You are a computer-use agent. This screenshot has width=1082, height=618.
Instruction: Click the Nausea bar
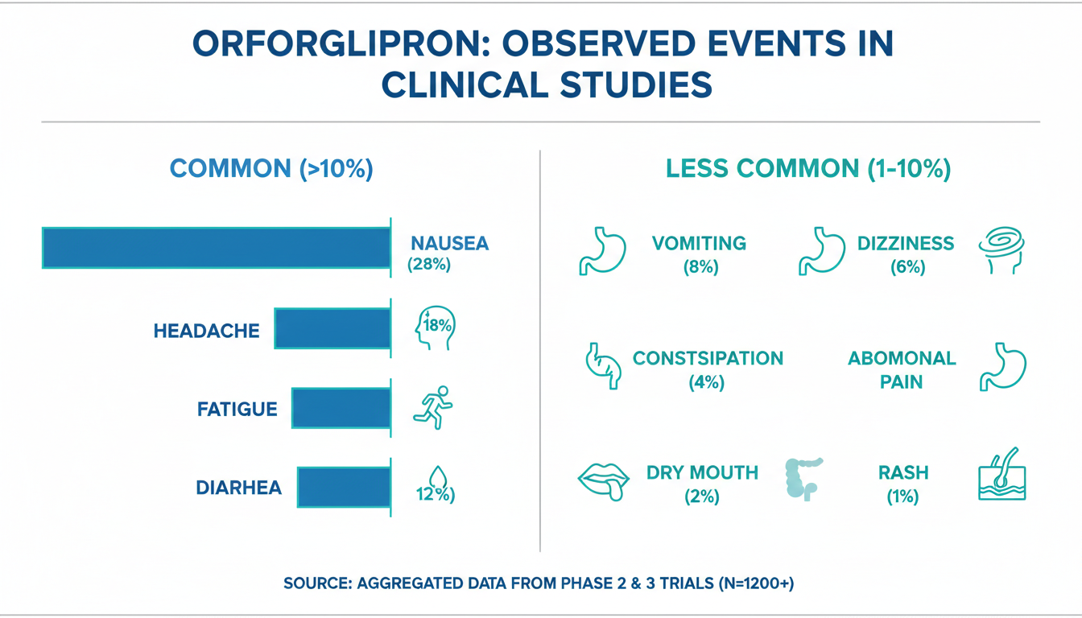pyautogui.click(x=216, y=248)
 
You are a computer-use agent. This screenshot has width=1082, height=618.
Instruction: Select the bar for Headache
pyautogui.click(x=332, y=328)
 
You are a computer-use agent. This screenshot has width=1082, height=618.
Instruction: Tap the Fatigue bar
pyautogui.click(x=341, y=408)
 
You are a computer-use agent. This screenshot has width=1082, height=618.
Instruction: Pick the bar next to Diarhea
pyautogui.click(x=344, y=487)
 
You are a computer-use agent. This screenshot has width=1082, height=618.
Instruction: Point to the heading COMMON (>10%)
pyautogui.click(x=272, y=169)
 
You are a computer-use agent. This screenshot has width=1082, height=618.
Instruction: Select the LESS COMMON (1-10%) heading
pyautogui.click(x=809, y=169)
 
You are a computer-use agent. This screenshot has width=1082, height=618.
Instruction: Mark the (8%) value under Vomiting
pyautogui.click(x=699, y=267)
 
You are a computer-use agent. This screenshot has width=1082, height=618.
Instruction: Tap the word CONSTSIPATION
pyautogui.click(x=708, y=358)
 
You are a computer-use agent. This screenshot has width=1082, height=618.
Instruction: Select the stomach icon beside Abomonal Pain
pyautogui.click(x=1002, y=368)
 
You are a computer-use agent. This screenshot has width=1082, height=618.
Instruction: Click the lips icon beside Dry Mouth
pyautogui.click(x=601, y=478)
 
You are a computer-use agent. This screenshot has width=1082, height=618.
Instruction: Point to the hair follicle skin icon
pyautogui.click(x=1001, y=476)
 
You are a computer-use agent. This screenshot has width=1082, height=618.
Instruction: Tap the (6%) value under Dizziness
pyautogui.click(x=907, y=267)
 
